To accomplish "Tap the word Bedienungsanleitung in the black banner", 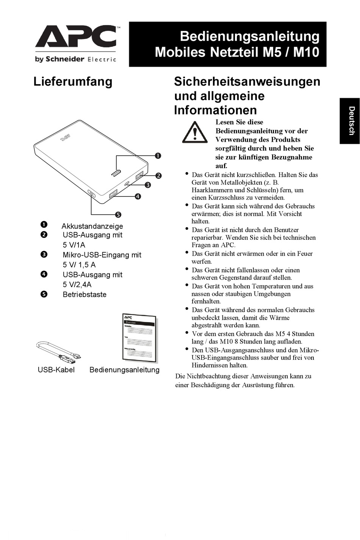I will [x=249, y=36].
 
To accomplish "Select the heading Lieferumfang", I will [x=73, y=82].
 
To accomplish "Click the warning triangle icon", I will [x=194, y=132].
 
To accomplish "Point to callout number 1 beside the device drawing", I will [x=158, y=155].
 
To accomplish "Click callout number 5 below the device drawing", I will [x=118, y=215].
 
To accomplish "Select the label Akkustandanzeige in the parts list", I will [x=92, y=226].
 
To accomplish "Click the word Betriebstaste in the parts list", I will [x=85, y=294].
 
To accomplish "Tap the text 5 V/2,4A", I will [x=77, y=284].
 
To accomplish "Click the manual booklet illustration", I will [x=139, y=337].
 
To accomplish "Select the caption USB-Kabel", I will [x=56, y=370].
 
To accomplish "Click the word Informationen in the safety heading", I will [x=215, y=110].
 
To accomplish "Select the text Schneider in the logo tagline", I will [x=65, y=59].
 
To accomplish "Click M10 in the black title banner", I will [x=306, y=52].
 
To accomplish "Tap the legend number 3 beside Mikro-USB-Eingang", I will [x=44, y=254].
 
